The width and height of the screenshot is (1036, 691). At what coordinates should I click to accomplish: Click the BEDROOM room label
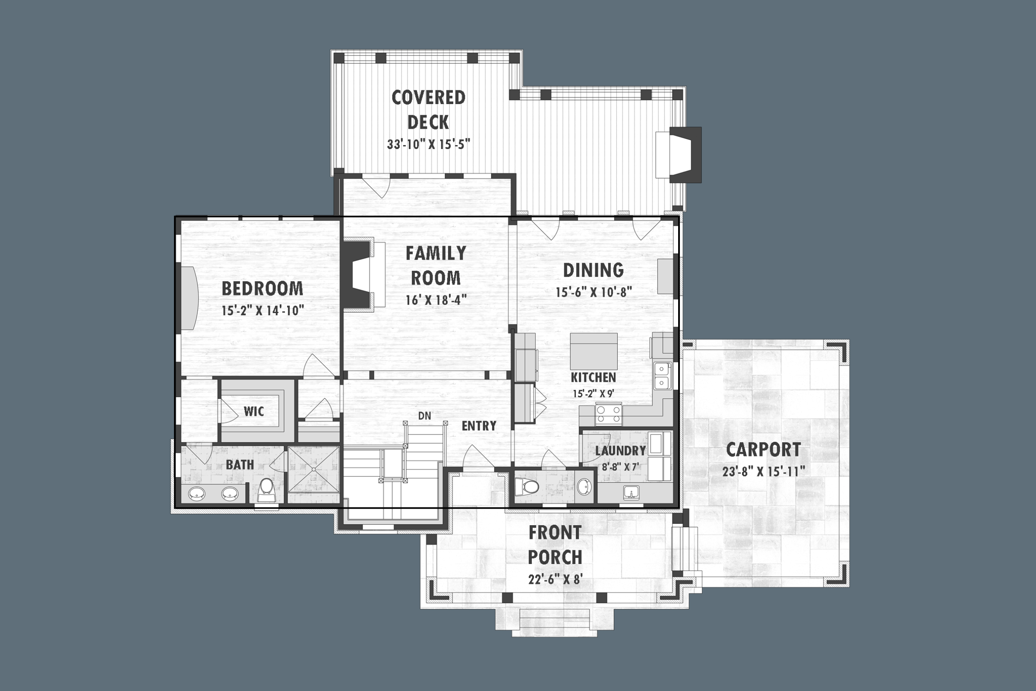point(262,288)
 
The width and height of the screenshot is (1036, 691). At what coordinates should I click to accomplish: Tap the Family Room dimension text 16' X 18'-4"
point(436,300)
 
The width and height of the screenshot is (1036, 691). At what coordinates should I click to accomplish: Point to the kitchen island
point(593,351)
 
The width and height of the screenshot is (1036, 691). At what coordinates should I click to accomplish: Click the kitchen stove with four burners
point(608,414)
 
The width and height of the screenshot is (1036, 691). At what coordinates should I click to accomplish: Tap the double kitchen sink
point(662,376)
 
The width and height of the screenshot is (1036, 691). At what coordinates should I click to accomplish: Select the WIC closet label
point(254,412)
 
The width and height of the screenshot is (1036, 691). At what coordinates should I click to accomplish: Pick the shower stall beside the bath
point(314,469)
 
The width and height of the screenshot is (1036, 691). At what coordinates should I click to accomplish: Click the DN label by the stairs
point(425,415)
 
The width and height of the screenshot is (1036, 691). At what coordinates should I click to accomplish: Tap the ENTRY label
point(479,426)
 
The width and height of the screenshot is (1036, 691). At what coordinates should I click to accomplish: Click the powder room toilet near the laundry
point(527,487)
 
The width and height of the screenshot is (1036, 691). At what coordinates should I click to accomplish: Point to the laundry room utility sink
point(632,493)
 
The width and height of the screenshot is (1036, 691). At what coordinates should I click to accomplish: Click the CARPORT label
point(763,450)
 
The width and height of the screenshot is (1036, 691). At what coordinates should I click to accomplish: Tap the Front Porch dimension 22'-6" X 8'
point(556,580)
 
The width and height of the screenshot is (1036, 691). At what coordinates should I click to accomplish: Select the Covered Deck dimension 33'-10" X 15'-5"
point(429,144)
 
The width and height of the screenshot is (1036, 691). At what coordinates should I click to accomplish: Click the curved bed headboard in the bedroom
point(190,298)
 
